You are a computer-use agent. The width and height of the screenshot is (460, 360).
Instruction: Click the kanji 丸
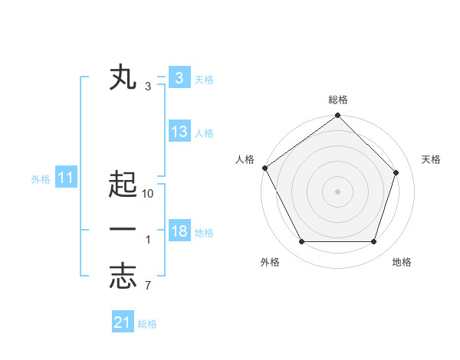123,78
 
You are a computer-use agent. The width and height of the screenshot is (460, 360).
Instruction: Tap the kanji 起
123,185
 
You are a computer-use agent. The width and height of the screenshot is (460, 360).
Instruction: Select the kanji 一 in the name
123,230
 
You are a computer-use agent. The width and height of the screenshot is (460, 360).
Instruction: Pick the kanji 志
123,277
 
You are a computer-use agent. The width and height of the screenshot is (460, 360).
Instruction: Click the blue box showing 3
179,78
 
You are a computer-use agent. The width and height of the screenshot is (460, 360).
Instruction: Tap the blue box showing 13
179,132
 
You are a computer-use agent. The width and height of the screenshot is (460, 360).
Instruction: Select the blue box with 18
179,231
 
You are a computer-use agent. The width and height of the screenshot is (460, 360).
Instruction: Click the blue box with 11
66,178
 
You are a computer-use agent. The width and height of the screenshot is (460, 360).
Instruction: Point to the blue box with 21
122,322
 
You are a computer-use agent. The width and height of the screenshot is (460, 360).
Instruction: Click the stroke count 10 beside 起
149,194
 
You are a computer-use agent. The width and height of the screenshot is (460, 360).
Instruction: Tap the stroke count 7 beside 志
149,286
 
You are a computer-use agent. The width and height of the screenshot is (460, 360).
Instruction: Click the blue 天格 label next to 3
204,79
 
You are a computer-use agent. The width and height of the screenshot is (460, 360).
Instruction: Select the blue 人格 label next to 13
204,133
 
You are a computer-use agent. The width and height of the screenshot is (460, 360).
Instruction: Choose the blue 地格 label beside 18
204,233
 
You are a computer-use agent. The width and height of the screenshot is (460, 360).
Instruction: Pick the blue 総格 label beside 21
147,324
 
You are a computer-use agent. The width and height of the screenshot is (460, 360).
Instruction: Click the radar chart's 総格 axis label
338,100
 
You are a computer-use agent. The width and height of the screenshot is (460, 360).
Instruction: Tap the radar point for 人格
265,168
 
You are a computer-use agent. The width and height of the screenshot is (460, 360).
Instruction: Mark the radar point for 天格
396,172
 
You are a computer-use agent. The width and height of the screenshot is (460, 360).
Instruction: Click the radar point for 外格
301,242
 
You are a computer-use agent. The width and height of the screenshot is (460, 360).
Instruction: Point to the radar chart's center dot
338,191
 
